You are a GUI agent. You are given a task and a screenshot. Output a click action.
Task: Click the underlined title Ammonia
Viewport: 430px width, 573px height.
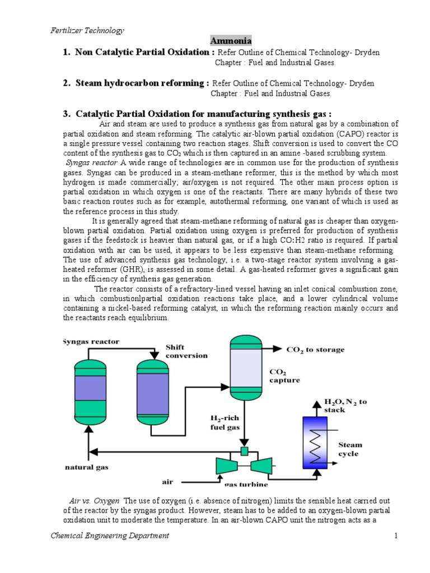click(231, 41)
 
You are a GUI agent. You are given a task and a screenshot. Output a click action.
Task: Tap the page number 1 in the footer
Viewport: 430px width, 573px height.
click(395, 536)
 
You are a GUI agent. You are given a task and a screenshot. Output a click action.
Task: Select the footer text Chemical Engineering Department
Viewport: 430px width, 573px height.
click(110, 536)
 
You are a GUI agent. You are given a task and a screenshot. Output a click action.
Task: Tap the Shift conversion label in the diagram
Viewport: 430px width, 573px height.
click(186, 351)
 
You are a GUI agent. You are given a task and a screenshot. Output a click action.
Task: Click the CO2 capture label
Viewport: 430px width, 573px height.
click(284, 375)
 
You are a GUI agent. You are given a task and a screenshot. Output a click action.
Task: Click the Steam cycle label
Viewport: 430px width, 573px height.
click(350, 449)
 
